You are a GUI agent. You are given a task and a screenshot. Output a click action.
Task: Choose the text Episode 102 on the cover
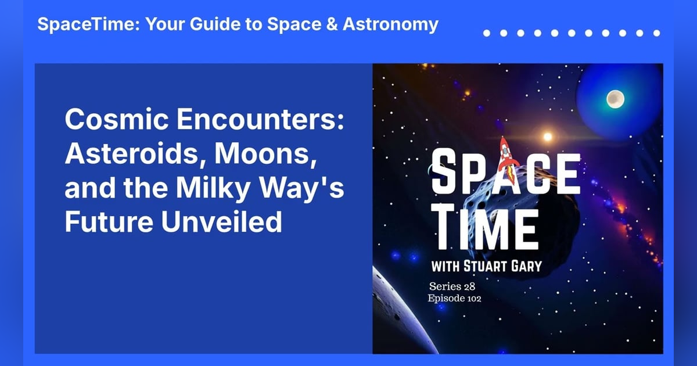coord(455,298)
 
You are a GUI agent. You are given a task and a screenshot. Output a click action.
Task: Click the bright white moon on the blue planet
coord(615,99)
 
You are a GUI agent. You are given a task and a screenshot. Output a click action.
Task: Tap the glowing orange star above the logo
coord(547,137)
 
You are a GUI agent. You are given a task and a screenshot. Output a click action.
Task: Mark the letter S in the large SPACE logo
coord(448,172)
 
